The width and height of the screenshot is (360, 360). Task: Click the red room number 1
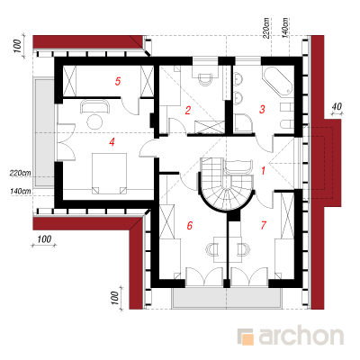[263, 171]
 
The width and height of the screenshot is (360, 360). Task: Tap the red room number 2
[188, 111]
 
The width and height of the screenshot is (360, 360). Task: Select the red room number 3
[262, 110]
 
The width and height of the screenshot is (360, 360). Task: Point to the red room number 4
[112, 142]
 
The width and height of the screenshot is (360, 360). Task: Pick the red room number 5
[118, 81]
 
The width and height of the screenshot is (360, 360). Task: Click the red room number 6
[189, 225]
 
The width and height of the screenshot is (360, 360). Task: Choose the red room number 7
[264, 225]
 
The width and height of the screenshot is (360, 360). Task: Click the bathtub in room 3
[277, 81]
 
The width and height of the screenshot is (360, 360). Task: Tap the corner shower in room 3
[244, 123]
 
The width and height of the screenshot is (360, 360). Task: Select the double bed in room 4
[109, 174]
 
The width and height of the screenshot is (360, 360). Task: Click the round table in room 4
[94, 121]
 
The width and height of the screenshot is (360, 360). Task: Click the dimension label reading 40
[337, 106]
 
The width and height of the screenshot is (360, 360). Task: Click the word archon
[301, 336]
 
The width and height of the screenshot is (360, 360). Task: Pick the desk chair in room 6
[212, 249]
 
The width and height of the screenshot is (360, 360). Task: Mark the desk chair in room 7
[243, 249]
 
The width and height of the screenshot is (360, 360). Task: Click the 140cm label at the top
[285, 28]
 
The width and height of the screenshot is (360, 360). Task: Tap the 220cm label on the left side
[21, 173]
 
